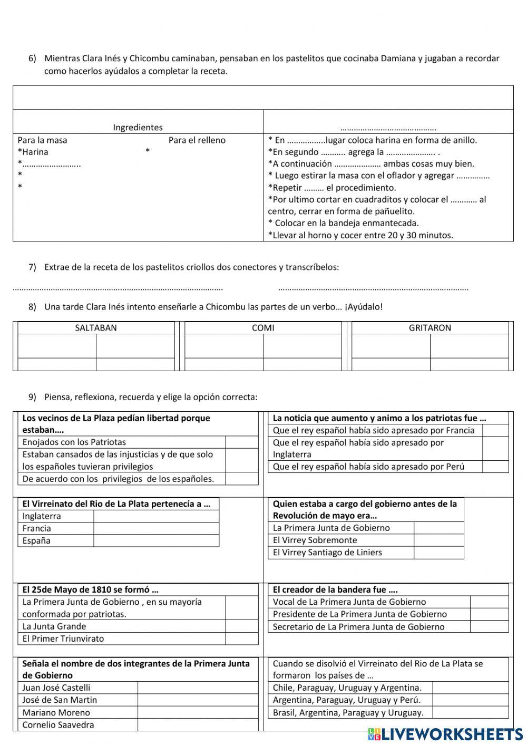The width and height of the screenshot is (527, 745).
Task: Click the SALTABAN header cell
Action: point(96,328)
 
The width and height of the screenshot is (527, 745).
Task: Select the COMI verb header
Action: point(263,328)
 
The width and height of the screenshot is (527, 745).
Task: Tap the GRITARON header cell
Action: point(430,328)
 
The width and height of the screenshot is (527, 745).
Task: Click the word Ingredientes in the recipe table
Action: point(138,127)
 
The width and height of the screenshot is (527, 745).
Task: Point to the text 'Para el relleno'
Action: point(197,140)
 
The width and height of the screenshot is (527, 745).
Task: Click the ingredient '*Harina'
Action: point(33,152)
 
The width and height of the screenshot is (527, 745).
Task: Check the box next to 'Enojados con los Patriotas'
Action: point(241,442)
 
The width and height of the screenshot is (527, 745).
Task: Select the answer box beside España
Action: point(156,540)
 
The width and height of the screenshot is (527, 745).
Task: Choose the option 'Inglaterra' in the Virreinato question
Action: point(42,516)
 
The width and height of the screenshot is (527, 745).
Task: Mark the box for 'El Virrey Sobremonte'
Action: point(438,540)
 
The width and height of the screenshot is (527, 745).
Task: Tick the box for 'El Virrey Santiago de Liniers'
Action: point(438,553)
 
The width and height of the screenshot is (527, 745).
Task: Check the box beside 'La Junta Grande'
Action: point(241,626)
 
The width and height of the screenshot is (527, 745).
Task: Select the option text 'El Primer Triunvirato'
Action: point(63,638)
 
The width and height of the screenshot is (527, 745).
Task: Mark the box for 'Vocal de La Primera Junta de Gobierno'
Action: point(489,602)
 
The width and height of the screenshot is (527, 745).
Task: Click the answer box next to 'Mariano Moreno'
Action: point(198,712)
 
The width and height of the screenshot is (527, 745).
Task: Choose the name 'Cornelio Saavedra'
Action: point(58,725)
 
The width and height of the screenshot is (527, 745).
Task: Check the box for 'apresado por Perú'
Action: point(495,467)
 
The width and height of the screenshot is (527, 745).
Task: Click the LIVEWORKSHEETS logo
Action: point(445,734)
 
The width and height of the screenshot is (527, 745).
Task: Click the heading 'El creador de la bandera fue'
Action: point(335,589)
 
